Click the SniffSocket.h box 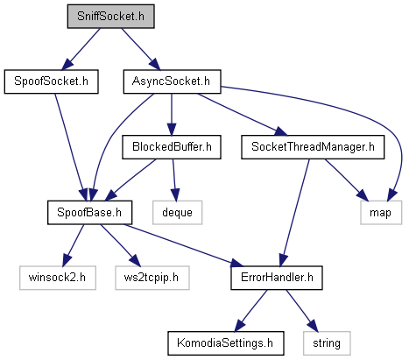click(110, 17)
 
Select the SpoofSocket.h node click(51, 81)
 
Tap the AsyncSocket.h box click(172, 81)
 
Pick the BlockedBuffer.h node click(172, 147)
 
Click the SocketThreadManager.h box click(313, 147)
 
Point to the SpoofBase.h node click(89, 212)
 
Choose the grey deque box click(177, 212)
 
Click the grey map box click(381, 212)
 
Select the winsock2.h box click(58, 278)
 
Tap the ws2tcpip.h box click(152, 278)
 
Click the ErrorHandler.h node click(277, 278)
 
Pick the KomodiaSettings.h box click(226, 343)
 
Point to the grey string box click(327, 343)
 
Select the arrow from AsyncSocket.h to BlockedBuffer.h click(172, 115)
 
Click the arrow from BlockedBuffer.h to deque click(174, 180)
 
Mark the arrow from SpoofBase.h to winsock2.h click(73, 245)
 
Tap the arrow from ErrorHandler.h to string click(301, 311)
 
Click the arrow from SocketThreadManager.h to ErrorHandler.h click(294, 213)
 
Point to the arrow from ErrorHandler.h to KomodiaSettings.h click(251, 311)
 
